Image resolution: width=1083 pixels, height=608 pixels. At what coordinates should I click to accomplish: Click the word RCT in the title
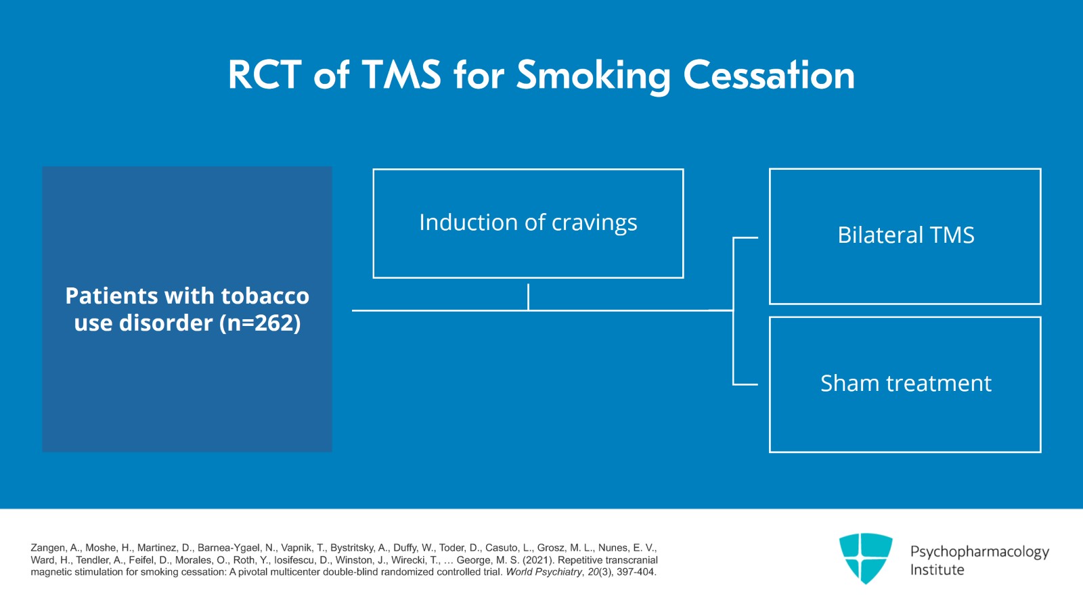click(x=264, y=74)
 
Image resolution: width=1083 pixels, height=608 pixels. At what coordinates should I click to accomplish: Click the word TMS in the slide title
click(x=401, y=74)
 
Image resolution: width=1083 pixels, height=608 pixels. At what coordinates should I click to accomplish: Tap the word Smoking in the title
click(x=593, y=76)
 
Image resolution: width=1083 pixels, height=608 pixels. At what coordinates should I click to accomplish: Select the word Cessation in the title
click(x=769, y=74)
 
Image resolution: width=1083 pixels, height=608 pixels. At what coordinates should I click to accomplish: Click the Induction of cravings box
click(x=528, y=223)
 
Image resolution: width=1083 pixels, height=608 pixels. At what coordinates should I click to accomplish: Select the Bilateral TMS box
click(x=905, y=236)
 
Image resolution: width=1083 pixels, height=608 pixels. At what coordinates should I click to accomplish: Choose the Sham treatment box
click(x=905, y=384)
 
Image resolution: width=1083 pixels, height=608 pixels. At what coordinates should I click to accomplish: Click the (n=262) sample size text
click(x=260, y=323)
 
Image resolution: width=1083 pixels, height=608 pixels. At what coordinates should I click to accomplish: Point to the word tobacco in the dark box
click(x=265, y=296)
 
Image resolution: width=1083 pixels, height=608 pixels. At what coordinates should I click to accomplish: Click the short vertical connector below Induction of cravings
click(x=528, y=297)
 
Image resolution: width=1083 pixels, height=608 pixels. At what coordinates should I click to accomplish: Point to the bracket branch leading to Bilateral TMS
click(x=745, y=238)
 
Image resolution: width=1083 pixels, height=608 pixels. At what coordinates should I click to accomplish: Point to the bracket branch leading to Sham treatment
click(x=745, y=384)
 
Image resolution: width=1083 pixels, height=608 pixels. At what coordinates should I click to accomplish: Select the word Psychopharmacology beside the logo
click(x=979, y=552)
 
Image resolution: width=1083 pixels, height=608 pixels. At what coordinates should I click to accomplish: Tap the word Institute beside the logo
click(x=937, y=570)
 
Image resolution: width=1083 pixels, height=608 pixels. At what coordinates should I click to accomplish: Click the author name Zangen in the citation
click(x=48, y=548)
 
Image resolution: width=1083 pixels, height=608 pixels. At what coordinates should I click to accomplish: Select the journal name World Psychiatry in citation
click(x=544, y=572)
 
